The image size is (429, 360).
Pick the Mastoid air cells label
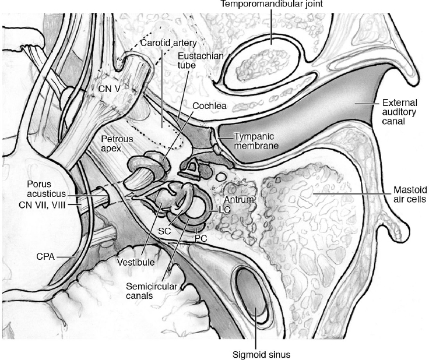[x=407, y=193]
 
